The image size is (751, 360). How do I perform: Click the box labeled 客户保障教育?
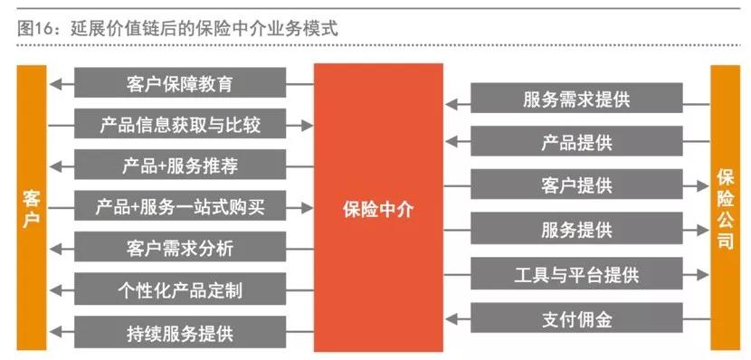180,84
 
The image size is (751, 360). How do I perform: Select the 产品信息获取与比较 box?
180,125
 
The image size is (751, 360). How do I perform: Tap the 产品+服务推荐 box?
180,166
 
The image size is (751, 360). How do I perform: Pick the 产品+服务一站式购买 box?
180,207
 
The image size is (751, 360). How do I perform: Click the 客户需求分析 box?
180,248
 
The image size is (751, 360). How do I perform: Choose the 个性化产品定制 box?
180,289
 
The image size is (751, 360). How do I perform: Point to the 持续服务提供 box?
180,331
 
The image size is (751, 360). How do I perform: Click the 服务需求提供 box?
576,99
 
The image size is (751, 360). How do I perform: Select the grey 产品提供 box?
576,142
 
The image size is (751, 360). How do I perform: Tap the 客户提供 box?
576,185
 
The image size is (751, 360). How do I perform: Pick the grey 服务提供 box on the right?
576,229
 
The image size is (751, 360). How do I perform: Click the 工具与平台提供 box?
576,272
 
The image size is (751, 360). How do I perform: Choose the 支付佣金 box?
576,317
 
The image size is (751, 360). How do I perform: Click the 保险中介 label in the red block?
378,208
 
